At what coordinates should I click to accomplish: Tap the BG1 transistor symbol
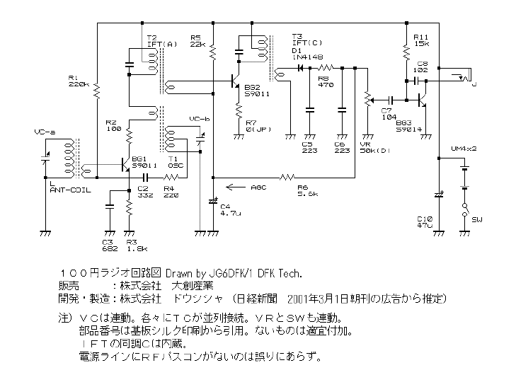click(x=125, y=165)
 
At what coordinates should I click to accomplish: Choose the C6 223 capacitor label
click(x=343, y=147)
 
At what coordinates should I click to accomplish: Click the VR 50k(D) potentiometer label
click(x=374, y=147)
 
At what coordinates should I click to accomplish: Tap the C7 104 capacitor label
click(x=387, y=115)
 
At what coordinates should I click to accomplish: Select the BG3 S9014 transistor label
click(x=410, y=125)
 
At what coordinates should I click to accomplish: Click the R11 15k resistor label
click(x=421, y=40)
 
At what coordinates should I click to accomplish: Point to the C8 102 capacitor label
click(x=421, y=67)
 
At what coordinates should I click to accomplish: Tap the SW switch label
click(x=476, y=219)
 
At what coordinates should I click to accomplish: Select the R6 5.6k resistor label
click(x=306, y=189)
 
